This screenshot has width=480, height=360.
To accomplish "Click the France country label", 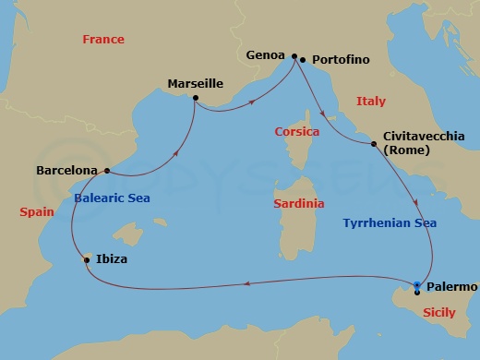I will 103,40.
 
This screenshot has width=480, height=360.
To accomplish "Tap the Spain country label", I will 37,211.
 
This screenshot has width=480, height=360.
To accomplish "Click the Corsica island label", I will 297,132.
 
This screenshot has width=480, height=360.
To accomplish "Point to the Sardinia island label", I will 298,203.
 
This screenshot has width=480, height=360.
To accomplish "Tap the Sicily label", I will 438,313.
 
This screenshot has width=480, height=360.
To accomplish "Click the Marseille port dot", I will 196,98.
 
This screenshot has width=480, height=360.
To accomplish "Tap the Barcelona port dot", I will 108,170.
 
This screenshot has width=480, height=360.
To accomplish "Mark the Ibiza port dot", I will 87,259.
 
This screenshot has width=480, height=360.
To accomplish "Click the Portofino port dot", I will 303,60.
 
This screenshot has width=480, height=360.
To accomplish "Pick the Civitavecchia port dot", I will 373,145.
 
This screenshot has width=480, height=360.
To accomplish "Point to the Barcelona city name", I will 66,171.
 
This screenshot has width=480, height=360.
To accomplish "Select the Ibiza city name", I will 111,260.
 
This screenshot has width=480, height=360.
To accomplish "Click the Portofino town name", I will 341,60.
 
